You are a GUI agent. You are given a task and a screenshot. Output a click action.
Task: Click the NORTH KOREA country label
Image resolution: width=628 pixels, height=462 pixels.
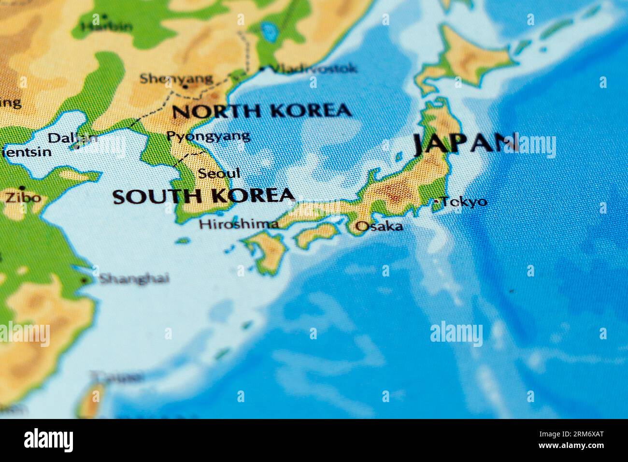pos(261,111)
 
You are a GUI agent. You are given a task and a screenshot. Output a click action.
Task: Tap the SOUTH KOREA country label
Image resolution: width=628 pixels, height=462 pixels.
pos(203,196)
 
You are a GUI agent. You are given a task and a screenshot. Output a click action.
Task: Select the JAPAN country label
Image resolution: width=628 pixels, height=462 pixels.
pos(465,143)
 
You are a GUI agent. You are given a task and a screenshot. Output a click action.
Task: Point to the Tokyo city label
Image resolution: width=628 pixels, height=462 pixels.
pos(464,202)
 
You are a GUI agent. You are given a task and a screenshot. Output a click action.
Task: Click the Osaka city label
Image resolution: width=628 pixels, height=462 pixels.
pos(379,226)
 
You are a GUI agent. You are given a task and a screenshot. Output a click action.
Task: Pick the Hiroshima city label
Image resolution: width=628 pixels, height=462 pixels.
pos(239,224)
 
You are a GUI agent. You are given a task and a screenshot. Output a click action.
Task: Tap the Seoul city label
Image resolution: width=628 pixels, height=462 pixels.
pos(219,173)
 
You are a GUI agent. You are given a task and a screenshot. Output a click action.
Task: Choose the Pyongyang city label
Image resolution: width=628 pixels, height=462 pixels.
pos(208,136)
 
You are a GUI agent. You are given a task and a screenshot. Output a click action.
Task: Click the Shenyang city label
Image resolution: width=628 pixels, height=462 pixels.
pos(176,78)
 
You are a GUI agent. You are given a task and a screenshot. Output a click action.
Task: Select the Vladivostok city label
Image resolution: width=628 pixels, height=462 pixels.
pos(313,69)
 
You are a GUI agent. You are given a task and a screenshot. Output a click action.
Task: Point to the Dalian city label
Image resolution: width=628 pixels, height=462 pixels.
pos(72,138)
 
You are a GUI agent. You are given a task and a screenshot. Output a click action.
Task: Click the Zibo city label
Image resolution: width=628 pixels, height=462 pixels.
pos(23,198)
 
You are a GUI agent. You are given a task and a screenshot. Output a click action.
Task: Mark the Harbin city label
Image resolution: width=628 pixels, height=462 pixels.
pos(106,26)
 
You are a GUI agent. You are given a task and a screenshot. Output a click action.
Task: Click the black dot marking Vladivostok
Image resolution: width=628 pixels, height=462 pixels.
pos(262,69)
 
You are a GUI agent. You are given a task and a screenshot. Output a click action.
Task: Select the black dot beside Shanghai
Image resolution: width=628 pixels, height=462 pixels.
pos(85,280)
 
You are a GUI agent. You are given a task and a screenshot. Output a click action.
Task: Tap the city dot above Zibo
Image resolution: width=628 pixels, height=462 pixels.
pos(22,188)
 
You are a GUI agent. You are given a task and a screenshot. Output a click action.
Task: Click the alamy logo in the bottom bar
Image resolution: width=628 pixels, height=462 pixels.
pos(48,440)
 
